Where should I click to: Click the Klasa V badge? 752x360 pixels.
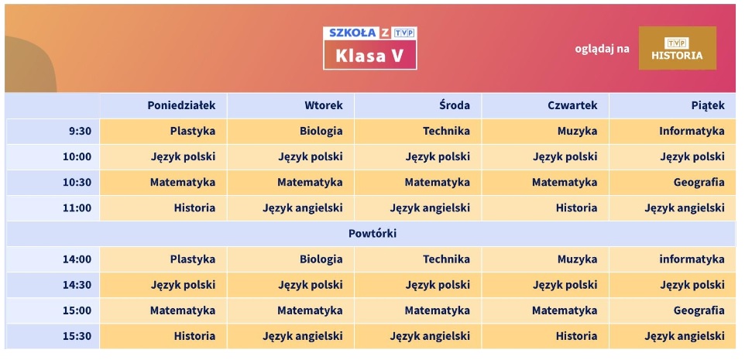[x=369, y=55]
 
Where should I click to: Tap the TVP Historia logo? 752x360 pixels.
[x=677, y=48]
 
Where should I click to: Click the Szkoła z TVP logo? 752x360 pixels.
[x=370, y=33]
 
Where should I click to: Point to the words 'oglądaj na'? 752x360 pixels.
[x=602, y=49]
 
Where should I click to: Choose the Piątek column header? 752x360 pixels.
[x=708, y=105]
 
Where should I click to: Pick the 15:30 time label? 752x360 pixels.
[x=77, y=336]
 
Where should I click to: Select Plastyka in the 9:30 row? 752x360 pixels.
[x=192, y=131]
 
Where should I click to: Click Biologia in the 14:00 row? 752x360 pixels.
[x=321, y=259]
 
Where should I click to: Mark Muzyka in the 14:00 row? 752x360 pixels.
[x=577, y=259]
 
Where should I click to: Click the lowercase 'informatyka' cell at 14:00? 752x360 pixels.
[x=692, y=259]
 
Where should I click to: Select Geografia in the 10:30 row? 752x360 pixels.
[x=699, y=182]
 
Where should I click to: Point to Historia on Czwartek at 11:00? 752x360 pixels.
[x=576, y=207]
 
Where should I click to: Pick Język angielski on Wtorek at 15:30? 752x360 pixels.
[x=302, y=336]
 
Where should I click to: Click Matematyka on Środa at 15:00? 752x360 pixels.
[x=437, y=310]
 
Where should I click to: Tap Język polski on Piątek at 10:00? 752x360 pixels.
[x=692, y=156]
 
